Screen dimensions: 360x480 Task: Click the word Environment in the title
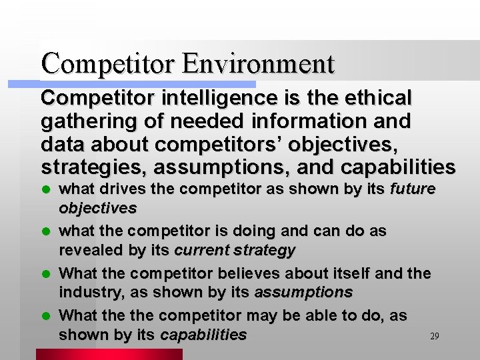point(258,63)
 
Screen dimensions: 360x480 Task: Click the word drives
point(112,189)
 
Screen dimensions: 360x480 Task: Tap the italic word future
point(413,189)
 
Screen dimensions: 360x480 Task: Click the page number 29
point(434,337)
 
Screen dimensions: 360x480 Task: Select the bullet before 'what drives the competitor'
point(45,190)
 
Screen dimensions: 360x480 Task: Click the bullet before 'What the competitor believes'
point(45,274)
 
